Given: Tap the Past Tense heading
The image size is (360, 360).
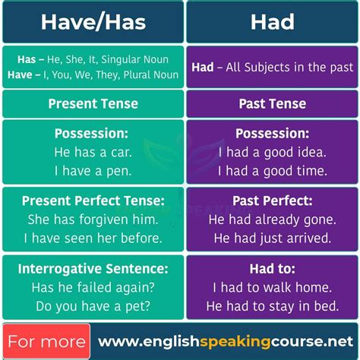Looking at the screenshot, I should [x=273, y=103].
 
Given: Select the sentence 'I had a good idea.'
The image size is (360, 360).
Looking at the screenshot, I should [x=273, y=152].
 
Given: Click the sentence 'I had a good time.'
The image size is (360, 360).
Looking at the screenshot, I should [x=273, y=171].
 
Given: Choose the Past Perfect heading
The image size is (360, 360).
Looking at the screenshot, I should [x=273, y=201].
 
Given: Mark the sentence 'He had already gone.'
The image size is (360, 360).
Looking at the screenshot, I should [x=273, y=219].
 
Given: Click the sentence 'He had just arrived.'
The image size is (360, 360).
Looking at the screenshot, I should [x=273, y=238].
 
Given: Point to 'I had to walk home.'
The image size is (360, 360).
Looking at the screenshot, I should [x=273, y=288].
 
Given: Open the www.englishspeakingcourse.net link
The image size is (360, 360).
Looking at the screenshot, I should [x=226, y=341].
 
